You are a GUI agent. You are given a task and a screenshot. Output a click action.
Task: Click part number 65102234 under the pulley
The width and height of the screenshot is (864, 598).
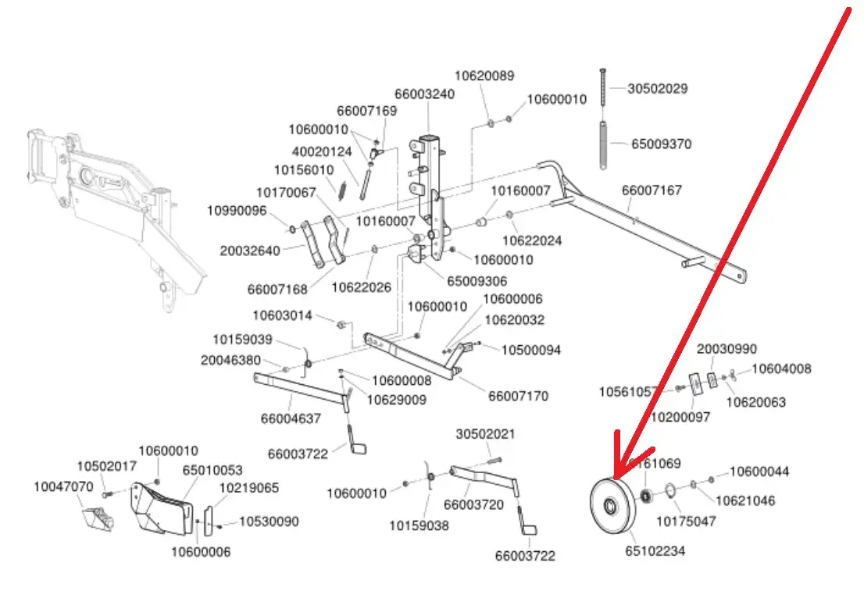655,551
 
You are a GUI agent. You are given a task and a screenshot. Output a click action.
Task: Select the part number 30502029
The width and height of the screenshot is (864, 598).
657,89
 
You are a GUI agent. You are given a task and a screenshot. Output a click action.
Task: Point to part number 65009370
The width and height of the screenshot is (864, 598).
660,144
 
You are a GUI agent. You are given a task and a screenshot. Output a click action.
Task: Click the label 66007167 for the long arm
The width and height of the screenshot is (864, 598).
652,190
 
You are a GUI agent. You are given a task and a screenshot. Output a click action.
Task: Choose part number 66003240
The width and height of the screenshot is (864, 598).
424,94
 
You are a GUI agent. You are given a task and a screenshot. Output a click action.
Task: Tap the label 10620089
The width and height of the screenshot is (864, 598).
484,76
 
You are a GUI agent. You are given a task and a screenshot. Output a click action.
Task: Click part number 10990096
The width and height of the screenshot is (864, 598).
237,211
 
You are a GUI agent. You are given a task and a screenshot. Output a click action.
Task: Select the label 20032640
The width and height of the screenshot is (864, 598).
249,251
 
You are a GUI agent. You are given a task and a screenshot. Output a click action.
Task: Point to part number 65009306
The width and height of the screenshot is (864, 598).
477,281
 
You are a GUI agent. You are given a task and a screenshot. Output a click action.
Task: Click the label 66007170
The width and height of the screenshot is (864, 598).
518,397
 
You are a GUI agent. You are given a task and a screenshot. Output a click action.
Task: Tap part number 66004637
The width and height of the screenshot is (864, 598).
291,418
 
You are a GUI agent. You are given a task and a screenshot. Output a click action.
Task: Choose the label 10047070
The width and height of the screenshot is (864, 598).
62,487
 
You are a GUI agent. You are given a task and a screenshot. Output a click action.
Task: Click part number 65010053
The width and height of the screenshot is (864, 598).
212,471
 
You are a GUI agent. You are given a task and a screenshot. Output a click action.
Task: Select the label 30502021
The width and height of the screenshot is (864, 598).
486,434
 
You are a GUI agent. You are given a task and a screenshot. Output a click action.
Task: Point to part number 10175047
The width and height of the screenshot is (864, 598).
685,521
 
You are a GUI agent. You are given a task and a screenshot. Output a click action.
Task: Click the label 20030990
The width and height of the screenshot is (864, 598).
727,349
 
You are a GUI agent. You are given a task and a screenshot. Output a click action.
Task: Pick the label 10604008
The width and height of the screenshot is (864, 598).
781,369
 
